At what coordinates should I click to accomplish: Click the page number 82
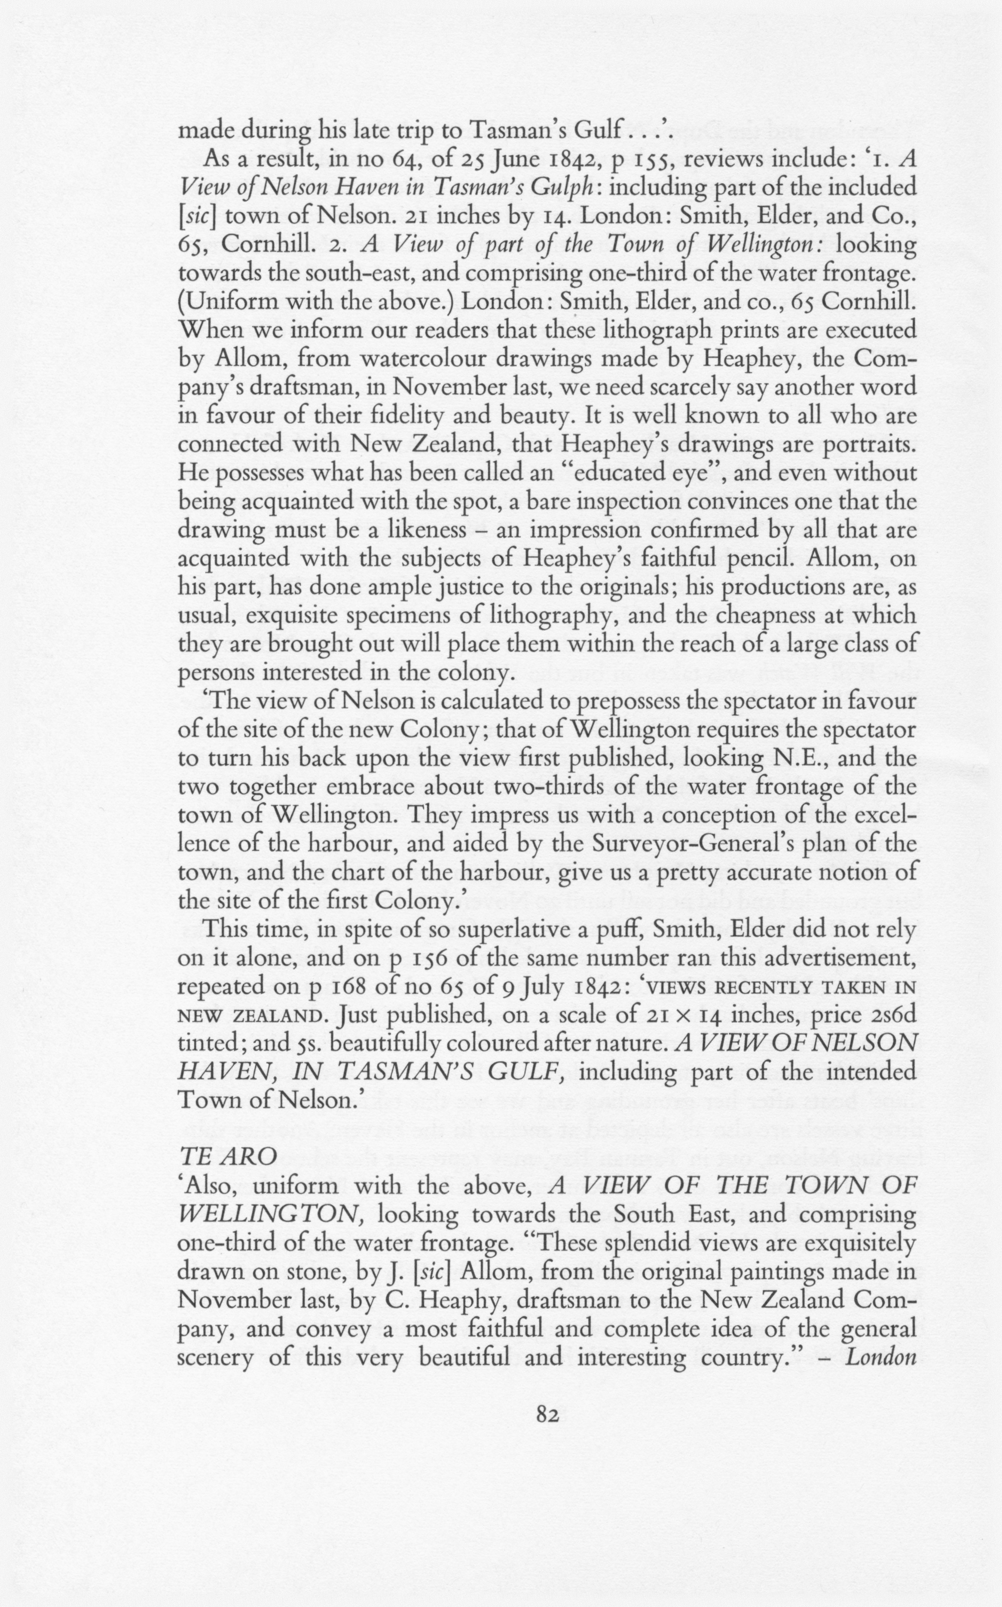(x=547, y=1415)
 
